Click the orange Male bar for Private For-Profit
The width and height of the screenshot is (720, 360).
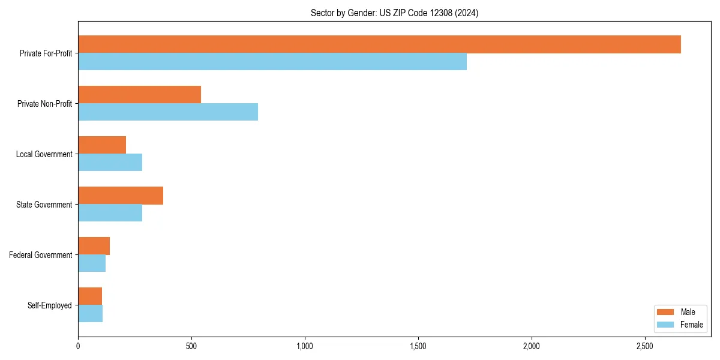tap(379, 44)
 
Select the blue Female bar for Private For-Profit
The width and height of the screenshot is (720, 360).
tap(272, 62)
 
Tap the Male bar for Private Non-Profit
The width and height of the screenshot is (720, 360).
tap(139, 95)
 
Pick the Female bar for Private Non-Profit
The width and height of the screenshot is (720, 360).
tap(168, 112)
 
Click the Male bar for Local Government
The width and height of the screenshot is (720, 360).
tap(102, 145)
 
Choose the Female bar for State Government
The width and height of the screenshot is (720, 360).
tap(110, 213)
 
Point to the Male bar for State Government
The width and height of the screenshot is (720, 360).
tap(121, 196)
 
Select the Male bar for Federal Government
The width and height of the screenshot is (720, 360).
tap(94, 246)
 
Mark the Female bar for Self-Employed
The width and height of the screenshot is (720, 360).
tap(90, 314)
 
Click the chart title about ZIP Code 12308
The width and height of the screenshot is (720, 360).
tap(394, 13)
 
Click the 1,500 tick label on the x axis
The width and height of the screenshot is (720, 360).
tap(418, 346)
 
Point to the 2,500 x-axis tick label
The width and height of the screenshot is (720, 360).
tap(645, 346)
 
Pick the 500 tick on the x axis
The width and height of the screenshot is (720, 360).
tap(191, 346)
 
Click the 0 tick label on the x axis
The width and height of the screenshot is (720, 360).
tap(78, 346)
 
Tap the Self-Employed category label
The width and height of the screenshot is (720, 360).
tap(49, 305)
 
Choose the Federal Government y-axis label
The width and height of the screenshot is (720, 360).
tap(40, 255)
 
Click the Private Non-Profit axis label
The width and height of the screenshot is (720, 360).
tap(44, 104)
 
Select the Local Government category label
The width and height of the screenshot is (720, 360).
tap(44, 154)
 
